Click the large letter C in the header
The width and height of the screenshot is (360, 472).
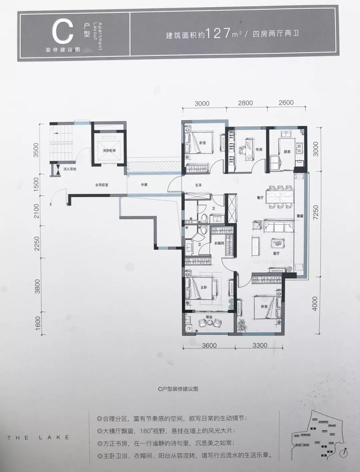coord(62,31)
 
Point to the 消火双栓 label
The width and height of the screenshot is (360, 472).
coord(70,169)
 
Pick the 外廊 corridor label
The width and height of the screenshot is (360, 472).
coord(144,184)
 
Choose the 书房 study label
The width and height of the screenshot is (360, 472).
coord(259,150)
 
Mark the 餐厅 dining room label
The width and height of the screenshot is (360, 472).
coord(260,197)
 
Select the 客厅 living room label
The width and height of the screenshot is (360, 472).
coord(276,253)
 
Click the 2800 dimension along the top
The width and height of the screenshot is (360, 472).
coord(246,103)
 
